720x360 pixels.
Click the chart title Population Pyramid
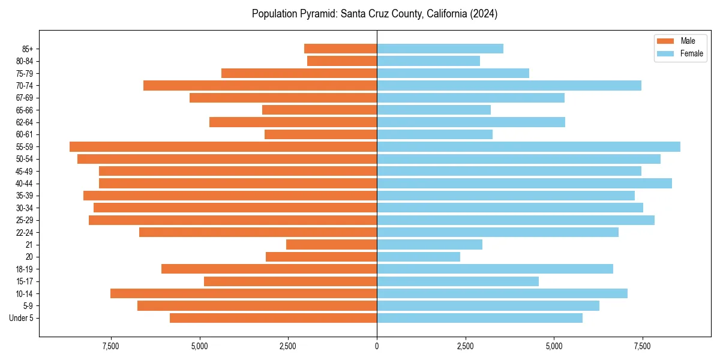(374, 14)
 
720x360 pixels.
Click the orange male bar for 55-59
(223, 146)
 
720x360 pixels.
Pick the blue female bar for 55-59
(528, 146)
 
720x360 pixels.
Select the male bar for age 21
(331, 244)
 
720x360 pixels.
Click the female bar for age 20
(418, 257)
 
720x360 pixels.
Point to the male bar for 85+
(340, 49)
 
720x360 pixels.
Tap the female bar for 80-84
(428, 61)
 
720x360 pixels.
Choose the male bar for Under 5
(273, 318)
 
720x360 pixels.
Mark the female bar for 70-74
(509, 85)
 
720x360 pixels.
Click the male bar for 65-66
(319, 110)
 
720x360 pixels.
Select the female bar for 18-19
(495, 269)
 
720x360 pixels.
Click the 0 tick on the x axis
(377, 346)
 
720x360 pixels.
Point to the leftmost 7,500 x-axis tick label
(110, 346)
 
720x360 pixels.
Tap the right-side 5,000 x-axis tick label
(554, 346)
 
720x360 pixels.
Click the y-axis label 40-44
(25, 184)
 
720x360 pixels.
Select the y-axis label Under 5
(22, 318)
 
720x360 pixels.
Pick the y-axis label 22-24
(25, 232)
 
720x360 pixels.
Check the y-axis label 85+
(28, 49)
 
